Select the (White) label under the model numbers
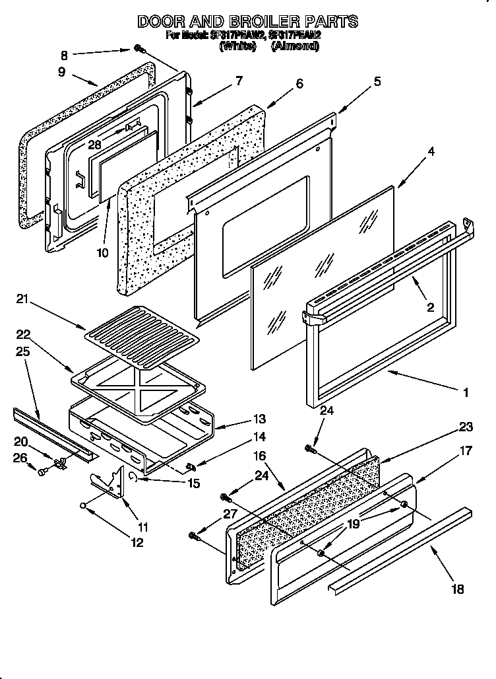(239, 46)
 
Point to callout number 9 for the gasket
(61, 72)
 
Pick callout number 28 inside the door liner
(94, 145)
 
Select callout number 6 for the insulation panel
(299, 83)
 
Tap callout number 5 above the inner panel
(377, 81)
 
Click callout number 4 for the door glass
(430, 151)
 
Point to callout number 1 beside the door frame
(466, 392)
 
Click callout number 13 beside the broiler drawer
(259, 419)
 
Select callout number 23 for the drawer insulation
(466, 427)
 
